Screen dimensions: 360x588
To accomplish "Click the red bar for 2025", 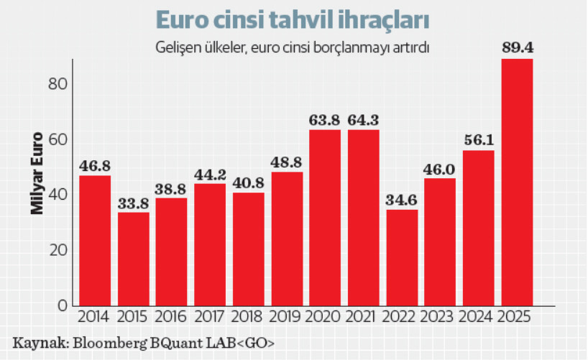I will pyautogui.click(x=517, y=183).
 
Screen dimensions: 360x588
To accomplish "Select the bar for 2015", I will pyautogui.click(x=134, y=259).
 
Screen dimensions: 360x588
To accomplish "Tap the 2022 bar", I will pyautogui.click(x=402, y=257).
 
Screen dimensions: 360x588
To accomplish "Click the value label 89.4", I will pyautogui.click(x=517, y=49).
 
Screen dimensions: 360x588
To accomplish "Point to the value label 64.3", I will pyautogui.click(x=363, y=119).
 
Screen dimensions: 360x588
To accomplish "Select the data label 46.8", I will pyautogui.click(x=95, y=165).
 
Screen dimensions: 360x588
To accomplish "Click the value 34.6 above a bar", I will pyautogui.click(x=402, y=200).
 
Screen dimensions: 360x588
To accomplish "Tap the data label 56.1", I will pyautogui.click(x=478, y=141).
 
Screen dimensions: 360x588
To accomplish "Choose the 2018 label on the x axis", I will pyautogui.click(x=248, y=318).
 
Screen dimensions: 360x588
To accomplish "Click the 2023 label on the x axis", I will pyautogui.click(x=440, y=318).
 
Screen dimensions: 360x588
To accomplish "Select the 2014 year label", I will pyautogui.click(x=95, y=318).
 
